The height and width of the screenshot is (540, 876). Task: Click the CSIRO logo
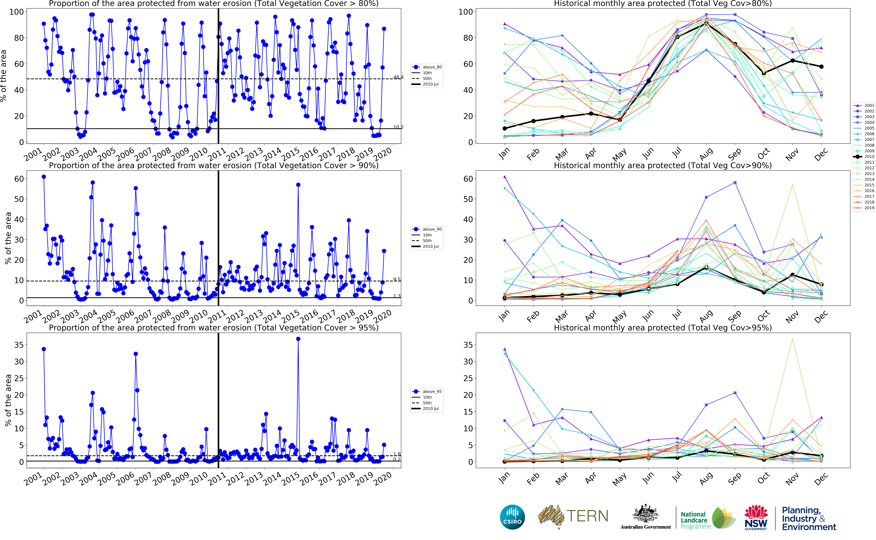pyautogui.click(x=512, y=517)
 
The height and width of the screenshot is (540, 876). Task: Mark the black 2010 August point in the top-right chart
pyautogui.click(x=706, y=23)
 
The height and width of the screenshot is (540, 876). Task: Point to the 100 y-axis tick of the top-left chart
pyautogui.click(x=16, y=12)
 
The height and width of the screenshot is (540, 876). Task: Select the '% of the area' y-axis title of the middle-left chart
pyautogui.click(x=8, y=238)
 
